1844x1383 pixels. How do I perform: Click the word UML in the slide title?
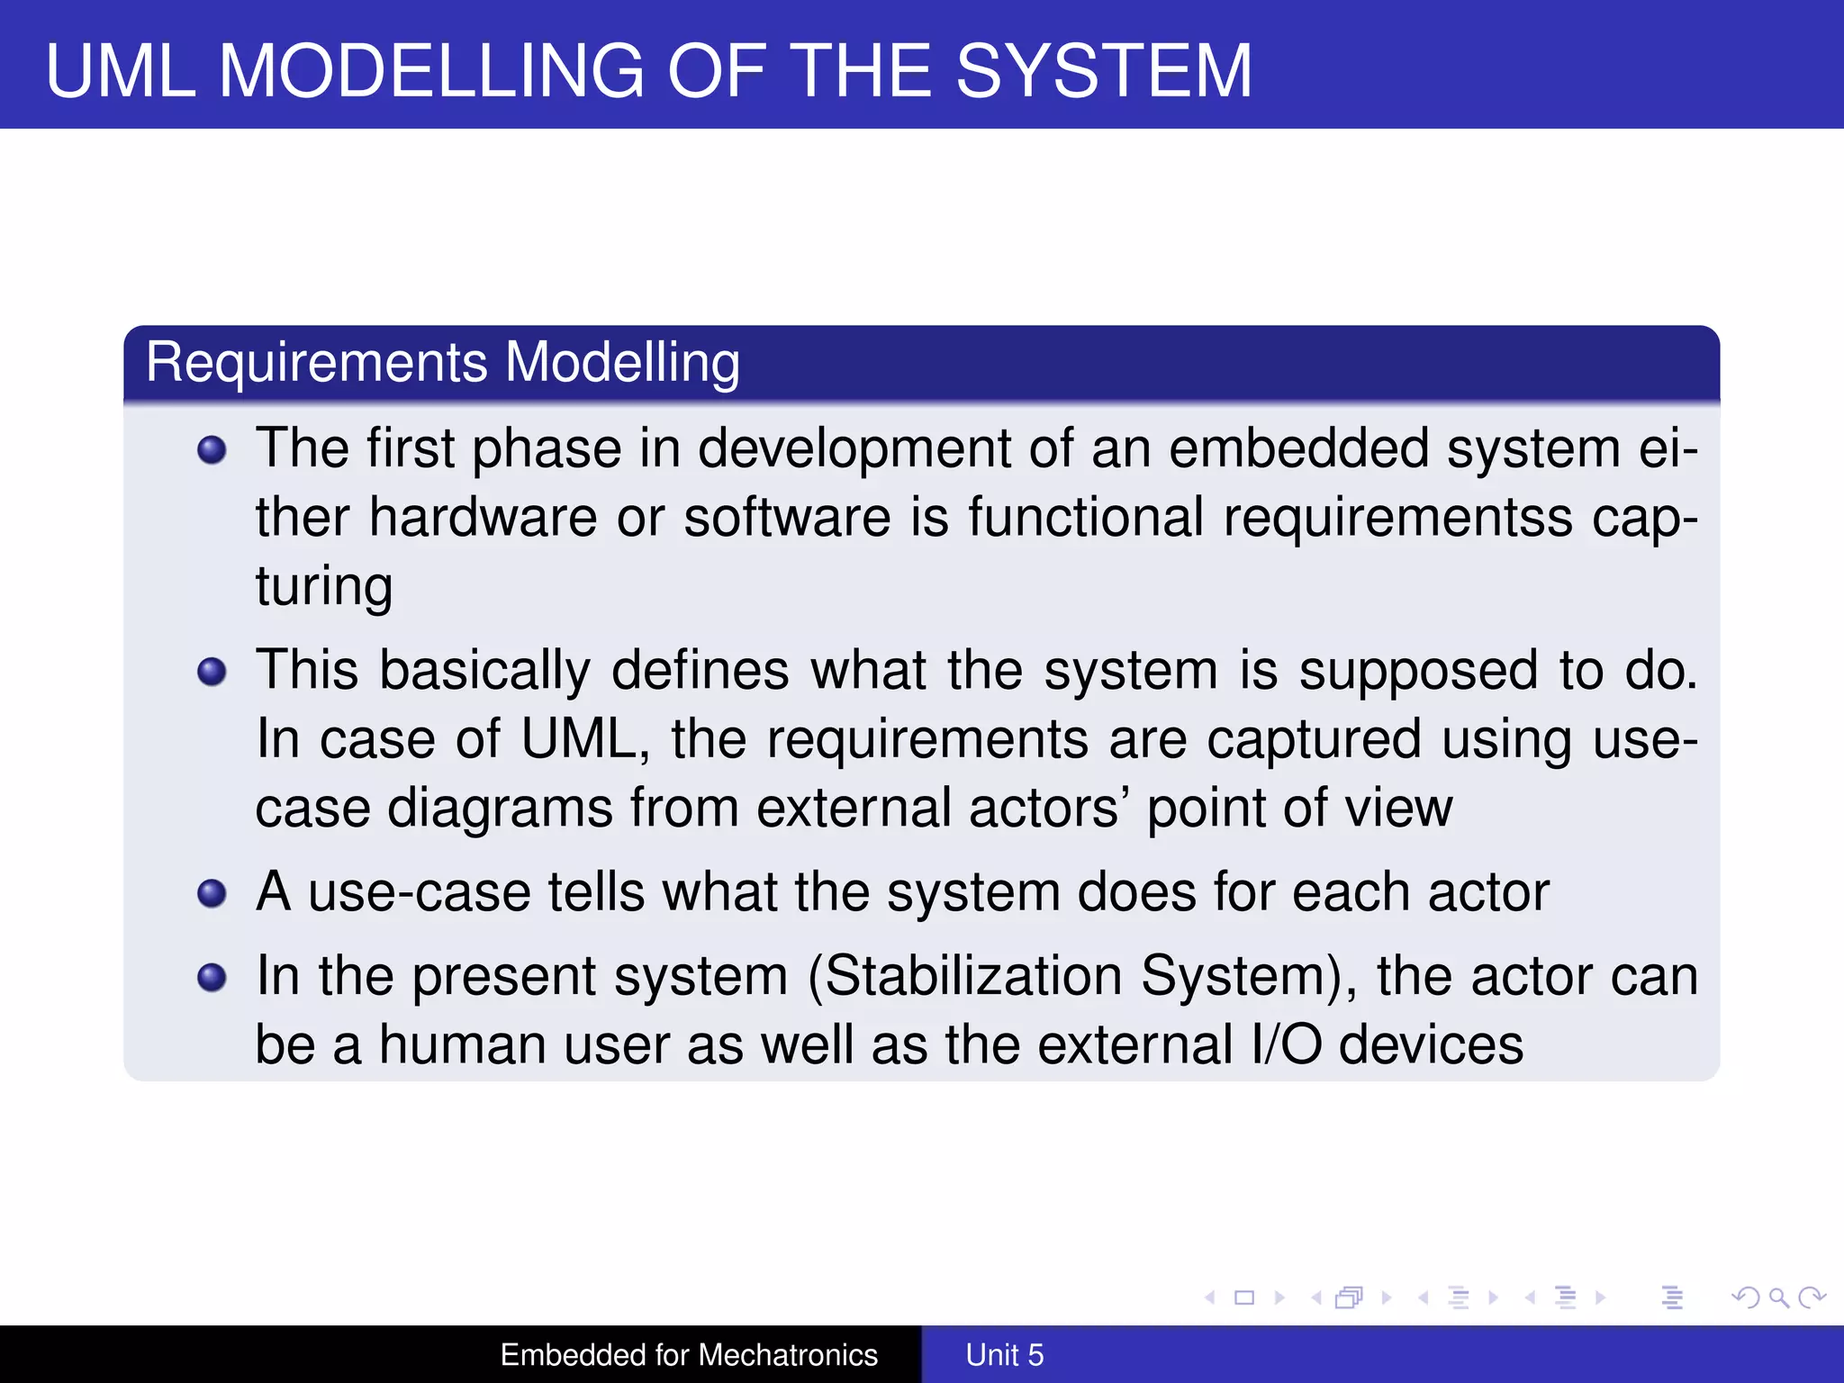[121, 71]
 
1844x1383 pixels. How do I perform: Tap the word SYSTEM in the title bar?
[1103, 71]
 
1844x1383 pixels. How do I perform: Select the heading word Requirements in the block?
[316, 363]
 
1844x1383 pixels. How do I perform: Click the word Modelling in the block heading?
[622, 363]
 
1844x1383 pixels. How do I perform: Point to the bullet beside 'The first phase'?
[212, 449]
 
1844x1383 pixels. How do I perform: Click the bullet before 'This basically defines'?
[212, 672]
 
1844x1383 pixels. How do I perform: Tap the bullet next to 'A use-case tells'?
[212, 893]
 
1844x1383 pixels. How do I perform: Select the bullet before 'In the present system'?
[212, 977]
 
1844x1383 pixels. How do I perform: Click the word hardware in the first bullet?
[483, 518]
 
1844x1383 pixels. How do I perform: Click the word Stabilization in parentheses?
[973, 976]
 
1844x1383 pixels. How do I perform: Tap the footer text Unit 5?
[1004, 1355]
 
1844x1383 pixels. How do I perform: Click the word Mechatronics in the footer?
[788, 1355]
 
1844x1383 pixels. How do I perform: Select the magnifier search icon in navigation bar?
[1777, 1297]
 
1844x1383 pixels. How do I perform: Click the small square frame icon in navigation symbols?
[1244, 1297]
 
